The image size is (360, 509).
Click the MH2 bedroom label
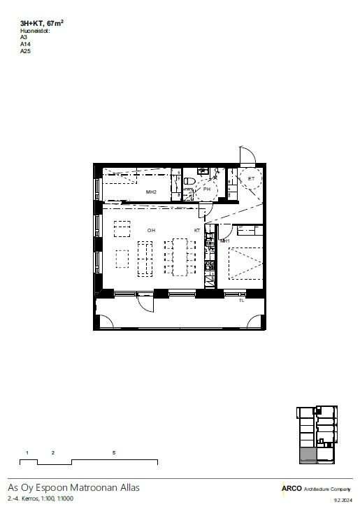pyautogui.click(x=151, y=192)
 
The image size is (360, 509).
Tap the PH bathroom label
pyautogui.click(x=207, y=189)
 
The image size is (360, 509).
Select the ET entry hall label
pyautogui.click(x=251, y=178)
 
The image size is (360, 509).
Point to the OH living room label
pyautogui.click(x=151, y=231)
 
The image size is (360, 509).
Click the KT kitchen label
pyautogui.click(x=197, y=231)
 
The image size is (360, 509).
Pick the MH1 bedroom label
pyautogui.click(x=224, y=241)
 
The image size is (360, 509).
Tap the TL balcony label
pyautogui.click(x=242, y=301)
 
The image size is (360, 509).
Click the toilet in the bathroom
pyautogui.click(x=189, y=181)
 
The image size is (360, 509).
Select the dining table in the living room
pyautogui.click(x=180, y=257)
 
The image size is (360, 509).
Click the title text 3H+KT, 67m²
pyautogui.click(x=41, y=23)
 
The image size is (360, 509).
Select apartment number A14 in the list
pyautogui.click(x=25, y=44)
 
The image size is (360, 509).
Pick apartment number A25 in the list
pyautogui.click(x=25, y=51)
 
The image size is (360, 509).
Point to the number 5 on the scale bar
pyautogui.click(x=114, y=452)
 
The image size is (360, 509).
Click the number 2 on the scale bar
pyautogui.click(x=53, y=452)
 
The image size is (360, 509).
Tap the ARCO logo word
pyautogui.click(x=291, y=488)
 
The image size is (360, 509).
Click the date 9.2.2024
pyautogui.click(x=343, y=500)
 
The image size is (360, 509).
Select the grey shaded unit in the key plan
pyautogui.click(x=308, y=455)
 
